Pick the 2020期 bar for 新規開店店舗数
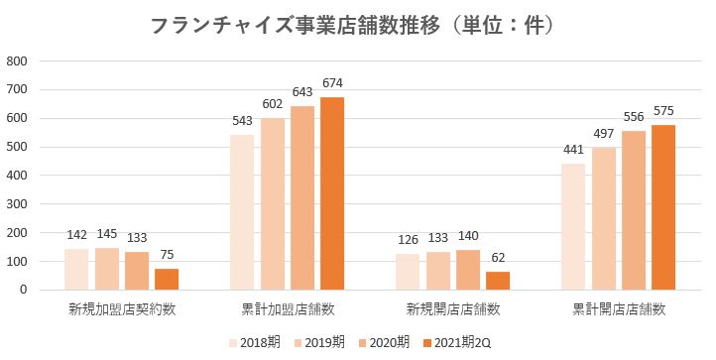click(x=467, y=270)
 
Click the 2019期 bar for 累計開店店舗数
click(x=604, y=218)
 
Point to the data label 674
click(x=332, y=83)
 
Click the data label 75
click(x=167, y=255)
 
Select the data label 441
click(x=574, y=150)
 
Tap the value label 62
click(x=497, y=259)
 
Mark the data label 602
click(x=273, y=104)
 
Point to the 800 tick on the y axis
click(x=18, y=61)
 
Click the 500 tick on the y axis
click(x=18, y=147)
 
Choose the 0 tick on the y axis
click(x=25, y=290)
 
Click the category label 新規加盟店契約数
click(x=122, y=310)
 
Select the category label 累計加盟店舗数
click(x=288, y=310)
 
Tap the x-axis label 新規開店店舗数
click(x=453, y=310)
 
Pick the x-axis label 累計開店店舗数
click(x=619, y=310)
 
